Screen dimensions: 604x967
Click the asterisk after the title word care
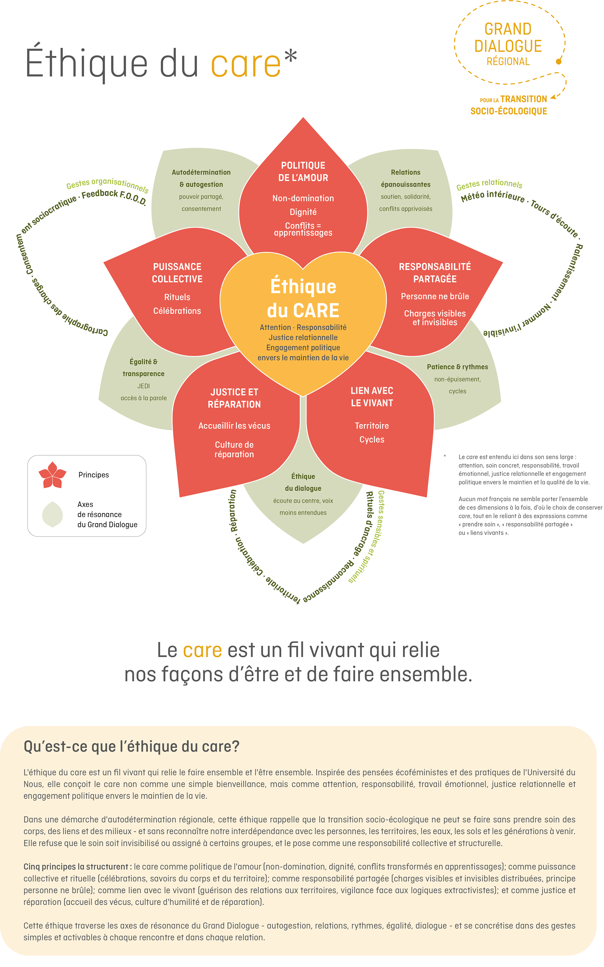click(x=291, y=56)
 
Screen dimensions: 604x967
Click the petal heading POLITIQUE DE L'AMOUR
click(x=303, y=171)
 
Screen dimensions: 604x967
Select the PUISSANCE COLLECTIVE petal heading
click(x=177, y=273)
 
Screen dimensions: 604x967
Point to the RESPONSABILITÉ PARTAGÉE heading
click(x=435, y=273)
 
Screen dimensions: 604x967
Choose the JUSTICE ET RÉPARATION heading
click(x=234, y=398)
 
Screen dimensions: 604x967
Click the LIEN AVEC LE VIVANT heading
click(x=372, y=397)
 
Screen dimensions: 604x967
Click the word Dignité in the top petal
click(x=303, y=212)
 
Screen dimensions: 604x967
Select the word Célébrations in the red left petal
click(x=177, y=311)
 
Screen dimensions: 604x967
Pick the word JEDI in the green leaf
click(x=143, y=386)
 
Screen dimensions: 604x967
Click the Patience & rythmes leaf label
click(x=457, y=367)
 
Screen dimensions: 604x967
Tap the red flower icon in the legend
click(x=52, y=475)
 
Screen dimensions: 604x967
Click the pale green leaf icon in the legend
click(x=52, y=514)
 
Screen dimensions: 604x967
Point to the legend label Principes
click(x=93, y=475)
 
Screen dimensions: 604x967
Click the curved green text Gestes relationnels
click(x=489, y=184)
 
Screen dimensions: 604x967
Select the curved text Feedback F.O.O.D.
click(x=114, y=197)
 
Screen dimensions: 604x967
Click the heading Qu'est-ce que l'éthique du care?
click(x=131, y=746)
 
